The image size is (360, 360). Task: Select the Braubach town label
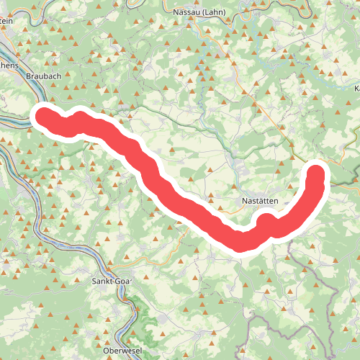[40, 74]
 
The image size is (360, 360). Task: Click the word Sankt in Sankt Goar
[104, 282]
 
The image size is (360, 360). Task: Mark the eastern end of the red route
[317, 173]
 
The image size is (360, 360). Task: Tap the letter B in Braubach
[27, 74]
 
